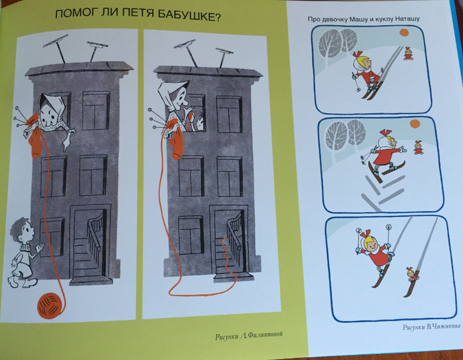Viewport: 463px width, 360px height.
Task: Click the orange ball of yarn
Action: [x=51, y=305]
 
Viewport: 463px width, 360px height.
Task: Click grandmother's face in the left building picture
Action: [x=49, y=117]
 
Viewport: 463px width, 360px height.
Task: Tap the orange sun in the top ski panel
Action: [x=403, y=32]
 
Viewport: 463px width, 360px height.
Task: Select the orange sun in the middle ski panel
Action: [x=414, y=124]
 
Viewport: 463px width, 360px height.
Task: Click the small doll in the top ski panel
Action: [x=409, y=53]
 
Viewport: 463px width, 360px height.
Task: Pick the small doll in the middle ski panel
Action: [x=418, y=147]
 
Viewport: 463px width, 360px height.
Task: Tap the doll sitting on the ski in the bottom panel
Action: [x=412, y=274]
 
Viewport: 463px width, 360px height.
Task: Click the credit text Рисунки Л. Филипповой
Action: [x=248, y=335]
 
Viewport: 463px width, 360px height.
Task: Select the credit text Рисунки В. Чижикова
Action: [x=431, y=327]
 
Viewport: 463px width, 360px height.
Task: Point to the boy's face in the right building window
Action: [x=200, y=123]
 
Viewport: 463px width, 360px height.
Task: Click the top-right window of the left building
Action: [x=96, y=111]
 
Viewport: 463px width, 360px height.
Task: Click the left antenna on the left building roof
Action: [x=57, y=47]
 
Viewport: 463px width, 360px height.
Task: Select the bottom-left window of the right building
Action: [x=191, y=235]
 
